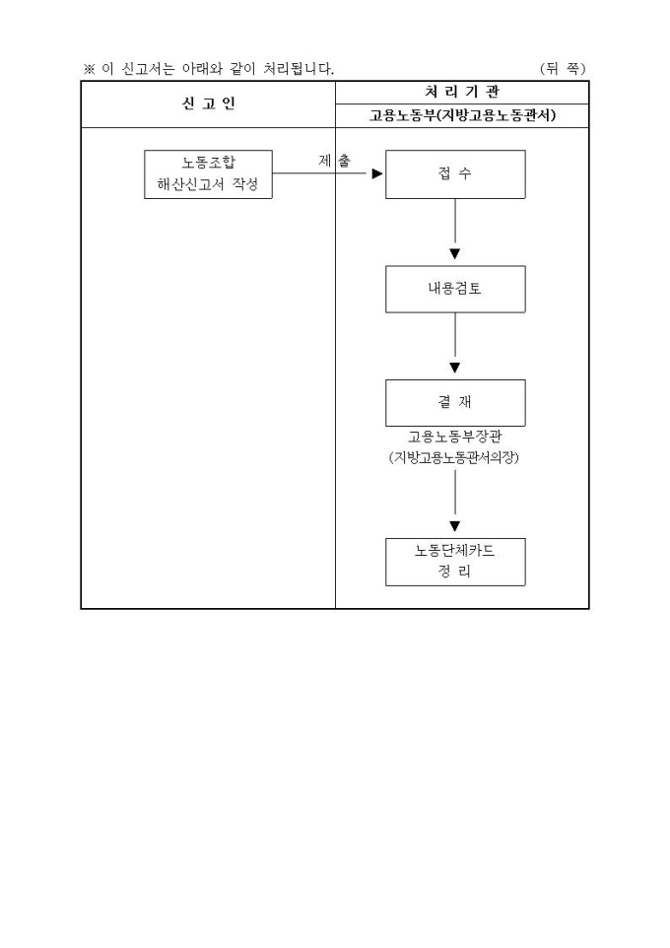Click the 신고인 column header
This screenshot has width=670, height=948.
(208, 104)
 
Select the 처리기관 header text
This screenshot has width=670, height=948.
(461, 93)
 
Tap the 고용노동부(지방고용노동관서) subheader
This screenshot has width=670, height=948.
(461, 116)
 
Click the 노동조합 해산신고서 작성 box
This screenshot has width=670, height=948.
(208, 174)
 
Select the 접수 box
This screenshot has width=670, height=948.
(454, 174)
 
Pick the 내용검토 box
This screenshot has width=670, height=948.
(454, 290)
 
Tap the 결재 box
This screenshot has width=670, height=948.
(454, 402)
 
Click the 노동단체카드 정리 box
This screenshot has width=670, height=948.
(454, 562)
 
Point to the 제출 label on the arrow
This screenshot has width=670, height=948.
(334, 161)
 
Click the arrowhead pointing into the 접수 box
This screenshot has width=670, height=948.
(376, 174)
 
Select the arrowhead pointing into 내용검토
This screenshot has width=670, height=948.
(454, 254)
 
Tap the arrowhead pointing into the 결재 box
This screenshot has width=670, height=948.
(454, 369)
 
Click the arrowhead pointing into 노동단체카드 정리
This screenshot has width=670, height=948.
(454, 527)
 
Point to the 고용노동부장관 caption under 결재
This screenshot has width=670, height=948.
(454, 437)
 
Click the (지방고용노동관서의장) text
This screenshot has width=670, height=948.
(454, 457)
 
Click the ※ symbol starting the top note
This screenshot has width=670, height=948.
(89, 69)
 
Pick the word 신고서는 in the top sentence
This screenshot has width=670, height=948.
(148, 69)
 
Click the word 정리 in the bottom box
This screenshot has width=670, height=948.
(454, 572)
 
